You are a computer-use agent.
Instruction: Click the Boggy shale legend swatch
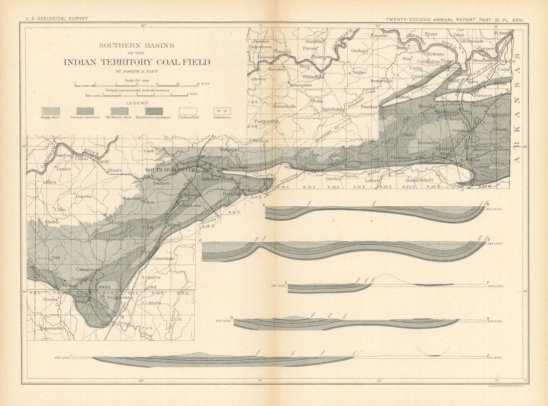50,111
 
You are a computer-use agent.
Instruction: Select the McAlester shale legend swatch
119,111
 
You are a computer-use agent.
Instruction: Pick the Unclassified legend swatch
188,111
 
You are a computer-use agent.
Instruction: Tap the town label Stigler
359,72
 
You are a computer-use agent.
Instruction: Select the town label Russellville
284,106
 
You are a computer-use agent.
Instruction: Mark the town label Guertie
83,196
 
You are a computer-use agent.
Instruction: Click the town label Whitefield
313,77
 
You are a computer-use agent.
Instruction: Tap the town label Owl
56,258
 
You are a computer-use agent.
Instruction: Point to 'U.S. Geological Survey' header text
57,18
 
